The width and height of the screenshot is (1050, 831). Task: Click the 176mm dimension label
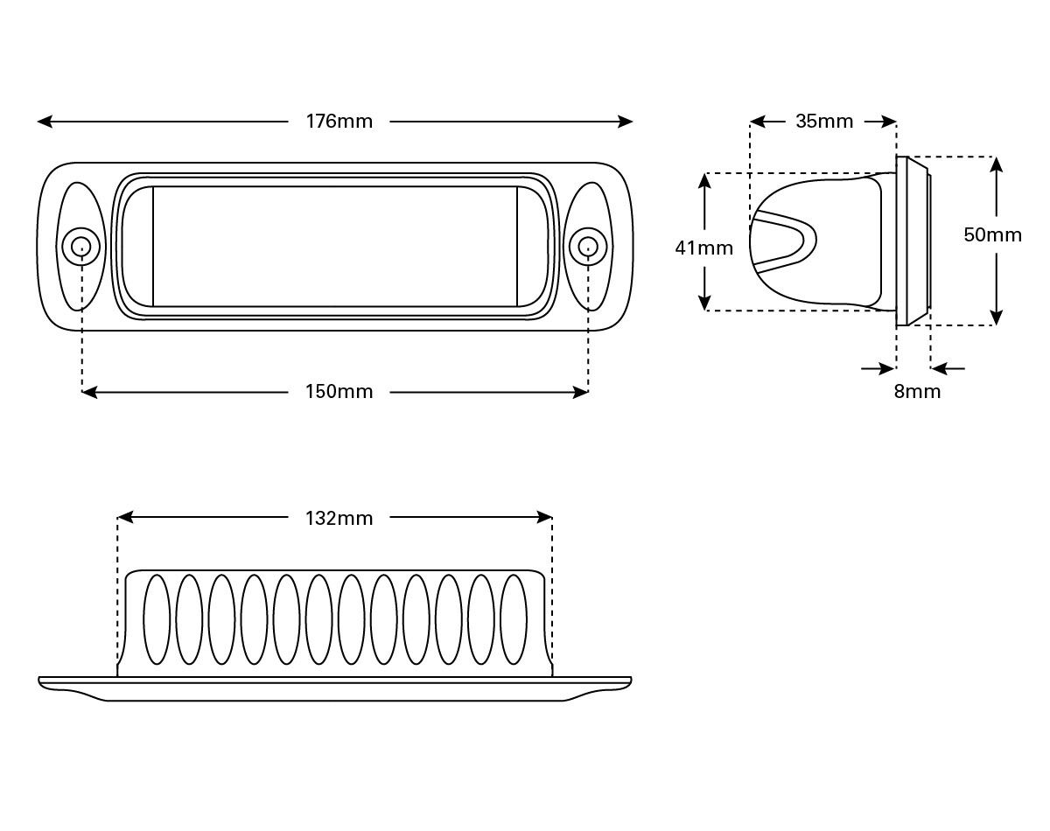339,122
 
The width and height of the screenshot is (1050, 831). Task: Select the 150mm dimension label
339,392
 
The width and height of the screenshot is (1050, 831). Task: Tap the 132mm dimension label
339,518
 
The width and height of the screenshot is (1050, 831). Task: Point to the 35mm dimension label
823,122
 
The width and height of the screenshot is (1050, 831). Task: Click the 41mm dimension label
703,248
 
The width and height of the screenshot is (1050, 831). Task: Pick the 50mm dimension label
992,235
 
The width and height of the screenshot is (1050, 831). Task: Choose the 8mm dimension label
917,392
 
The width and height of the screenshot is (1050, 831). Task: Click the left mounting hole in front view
81,246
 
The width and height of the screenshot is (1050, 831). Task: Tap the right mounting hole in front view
587,246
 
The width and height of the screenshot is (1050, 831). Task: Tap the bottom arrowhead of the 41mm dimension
704,303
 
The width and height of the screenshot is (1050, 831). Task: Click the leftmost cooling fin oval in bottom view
157,618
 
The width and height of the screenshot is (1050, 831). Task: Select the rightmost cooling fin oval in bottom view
514,618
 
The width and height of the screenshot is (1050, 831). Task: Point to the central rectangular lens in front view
335,246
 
